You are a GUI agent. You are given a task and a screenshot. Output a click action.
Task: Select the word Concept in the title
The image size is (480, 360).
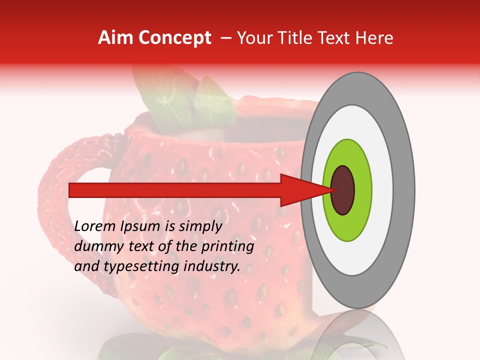(x=174, y=38)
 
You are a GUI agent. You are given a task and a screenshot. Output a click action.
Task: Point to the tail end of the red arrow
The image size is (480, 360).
(x=72, y=190)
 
